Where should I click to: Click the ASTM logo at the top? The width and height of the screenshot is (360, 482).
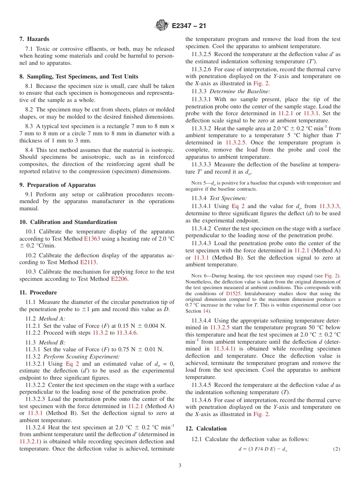[x=162, y=26]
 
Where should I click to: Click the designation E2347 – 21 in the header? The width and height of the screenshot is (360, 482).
[x=189, y=26]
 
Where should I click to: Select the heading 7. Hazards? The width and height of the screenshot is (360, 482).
[x=34, y=39]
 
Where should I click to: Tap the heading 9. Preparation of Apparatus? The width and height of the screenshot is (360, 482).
[x=57, y=185]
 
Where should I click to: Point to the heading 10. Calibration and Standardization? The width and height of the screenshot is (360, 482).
[x=68, y=222]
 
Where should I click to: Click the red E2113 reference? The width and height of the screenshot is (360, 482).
[x=88, y=262]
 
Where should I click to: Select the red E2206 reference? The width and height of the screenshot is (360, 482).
[x=120, y=279]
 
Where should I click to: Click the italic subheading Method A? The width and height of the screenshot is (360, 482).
[x=52, y=319]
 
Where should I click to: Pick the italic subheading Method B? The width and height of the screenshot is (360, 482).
[x=52, y=343]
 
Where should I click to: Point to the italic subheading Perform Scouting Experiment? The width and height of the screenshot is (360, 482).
[x=81, y=357]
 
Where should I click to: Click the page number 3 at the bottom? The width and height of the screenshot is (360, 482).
[x=180, y=465]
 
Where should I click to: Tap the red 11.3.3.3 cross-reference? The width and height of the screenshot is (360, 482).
[x=329, y=206]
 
